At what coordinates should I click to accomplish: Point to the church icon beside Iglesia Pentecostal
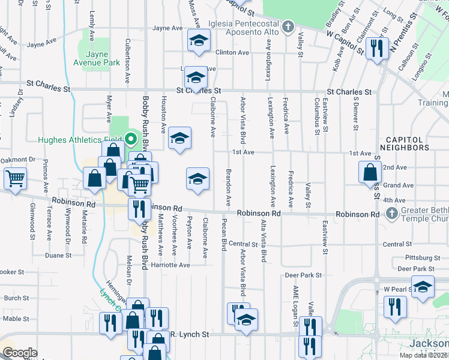coord(288,26)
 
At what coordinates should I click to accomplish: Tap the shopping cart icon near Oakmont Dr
coord(15,177)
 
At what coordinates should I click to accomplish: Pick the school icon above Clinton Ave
coord(198,41)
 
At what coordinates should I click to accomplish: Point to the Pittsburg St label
coord(415,258)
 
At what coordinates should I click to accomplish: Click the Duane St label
coord(58,255)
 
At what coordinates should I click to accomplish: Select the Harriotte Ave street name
coord(170,265)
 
